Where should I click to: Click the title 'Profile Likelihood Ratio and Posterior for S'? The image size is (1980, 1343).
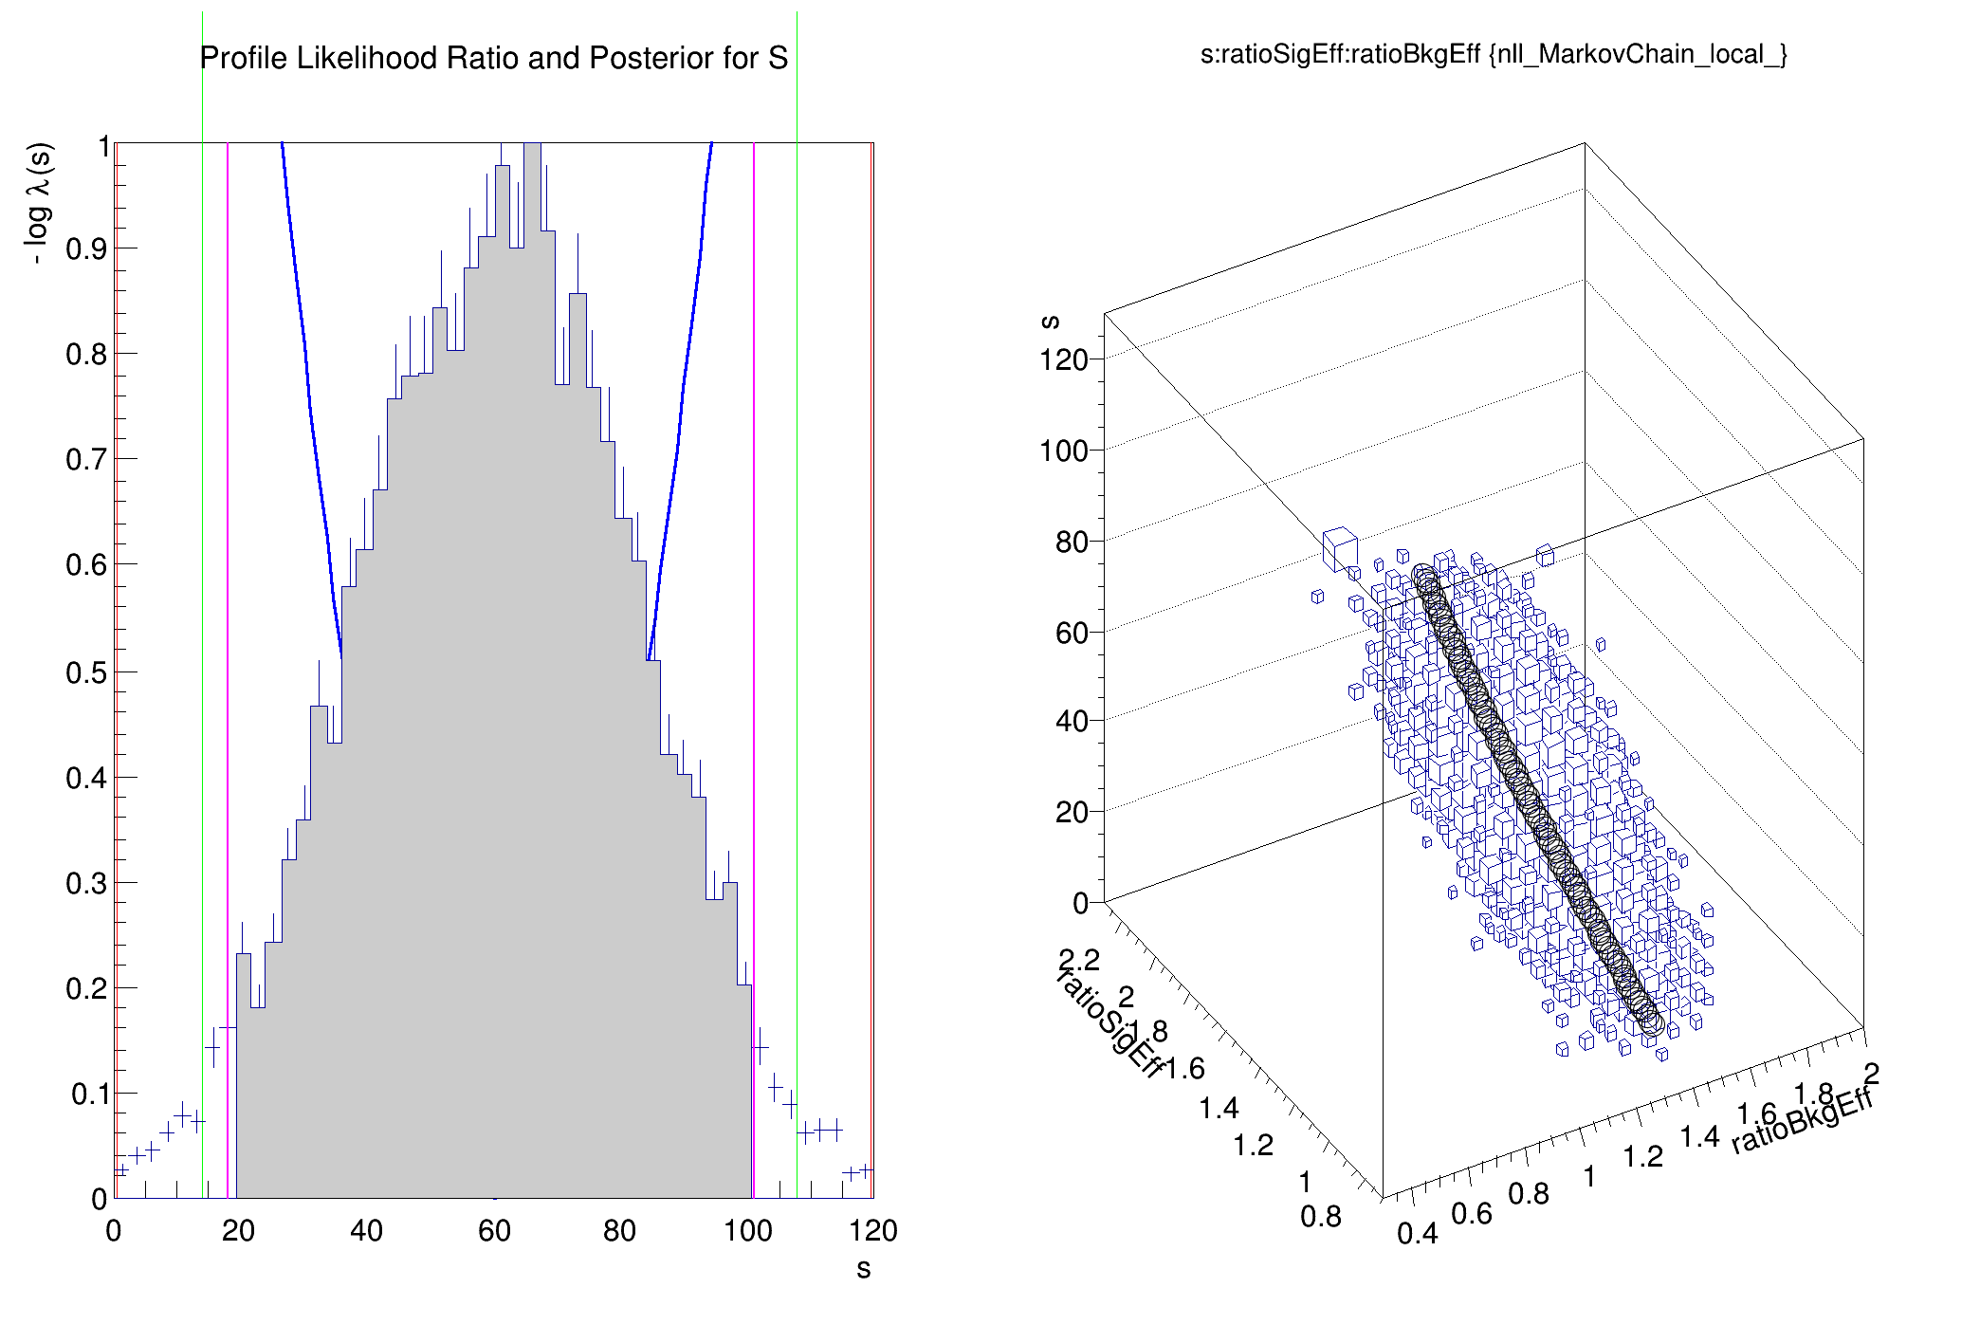493,58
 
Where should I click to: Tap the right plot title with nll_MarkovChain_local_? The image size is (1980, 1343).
1494,54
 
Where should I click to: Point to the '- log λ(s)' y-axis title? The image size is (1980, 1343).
40,203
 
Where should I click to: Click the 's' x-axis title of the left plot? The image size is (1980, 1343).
863,1269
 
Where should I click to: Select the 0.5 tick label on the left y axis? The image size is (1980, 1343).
85,672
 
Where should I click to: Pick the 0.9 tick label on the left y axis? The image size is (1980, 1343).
85,249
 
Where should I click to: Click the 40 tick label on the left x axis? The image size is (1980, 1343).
366,1231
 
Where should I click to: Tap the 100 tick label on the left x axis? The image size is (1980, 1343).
747,1231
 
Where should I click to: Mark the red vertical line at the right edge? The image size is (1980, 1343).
871,664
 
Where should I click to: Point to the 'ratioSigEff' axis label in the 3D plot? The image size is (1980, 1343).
1109,1024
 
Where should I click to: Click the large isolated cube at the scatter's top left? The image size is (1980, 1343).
1339,548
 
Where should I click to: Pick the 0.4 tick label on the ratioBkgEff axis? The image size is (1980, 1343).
1417,1233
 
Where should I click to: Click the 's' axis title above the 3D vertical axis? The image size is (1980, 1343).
1050,322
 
